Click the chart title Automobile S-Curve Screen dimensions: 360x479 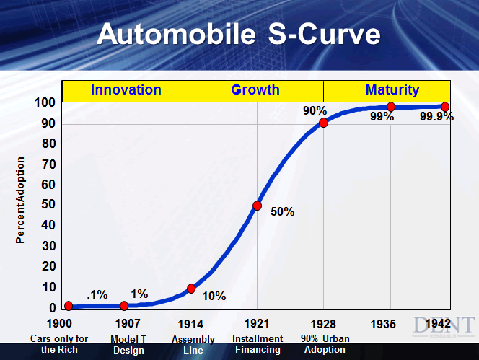239,34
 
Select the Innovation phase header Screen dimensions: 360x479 126,90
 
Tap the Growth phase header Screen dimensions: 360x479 255,90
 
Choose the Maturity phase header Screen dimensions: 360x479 392,90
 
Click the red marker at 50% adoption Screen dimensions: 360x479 257,206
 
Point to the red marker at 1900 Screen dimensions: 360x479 69,306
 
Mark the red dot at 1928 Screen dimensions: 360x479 324,123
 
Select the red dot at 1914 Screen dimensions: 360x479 191,289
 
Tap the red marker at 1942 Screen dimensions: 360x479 445,107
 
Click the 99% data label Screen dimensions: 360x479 382,118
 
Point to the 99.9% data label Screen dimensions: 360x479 436,118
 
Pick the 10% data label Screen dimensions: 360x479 214,296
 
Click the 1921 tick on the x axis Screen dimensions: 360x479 257,323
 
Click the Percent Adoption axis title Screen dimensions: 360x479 21,200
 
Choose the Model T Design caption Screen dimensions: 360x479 128,345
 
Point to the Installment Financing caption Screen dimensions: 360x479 257,344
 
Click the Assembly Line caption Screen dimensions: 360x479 193,345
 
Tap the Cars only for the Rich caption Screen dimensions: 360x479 59,344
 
